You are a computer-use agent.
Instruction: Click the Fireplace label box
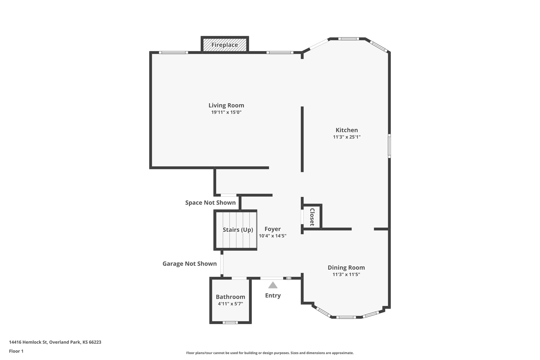[x=225, y=45]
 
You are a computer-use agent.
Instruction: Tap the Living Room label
[x=226, y=105]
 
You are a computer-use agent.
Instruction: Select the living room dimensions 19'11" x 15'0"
[x=226, y=112]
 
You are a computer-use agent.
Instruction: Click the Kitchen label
[x=346, y=130]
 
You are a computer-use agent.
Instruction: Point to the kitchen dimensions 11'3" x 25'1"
[x=346, y=137]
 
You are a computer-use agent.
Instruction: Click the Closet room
[x=312, y=217]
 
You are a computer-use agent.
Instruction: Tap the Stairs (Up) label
[x=238, y=230]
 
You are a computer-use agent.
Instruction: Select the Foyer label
[x=272, y=229]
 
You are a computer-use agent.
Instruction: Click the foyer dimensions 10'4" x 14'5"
[x=272, y=236]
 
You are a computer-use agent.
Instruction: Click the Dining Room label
[x=346, y=267]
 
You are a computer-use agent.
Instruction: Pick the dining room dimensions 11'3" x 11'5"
[x=346, y=275]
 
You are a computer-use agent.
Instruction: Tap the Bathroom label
[x=230, y=297]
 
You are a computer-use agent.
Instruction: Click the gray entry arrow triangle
[x=273, y=286]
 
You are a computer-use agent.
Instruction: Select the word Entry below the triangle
[x=273, y=295]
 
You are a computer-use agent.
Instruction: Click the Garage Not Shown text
[x=189, y=264]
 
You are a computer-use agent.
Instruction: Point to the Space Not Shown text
[x=210, y=203]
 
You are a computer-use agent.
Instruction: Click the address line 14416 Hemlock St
[x=55, y=342]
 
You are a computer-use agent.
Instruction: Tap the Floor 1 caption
[x=16, y=351]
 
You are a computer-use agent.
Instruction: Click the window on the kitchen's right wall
[x=389, y=146]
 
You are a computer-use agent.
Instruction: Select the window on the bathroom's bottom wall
[x=230, y=322]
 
